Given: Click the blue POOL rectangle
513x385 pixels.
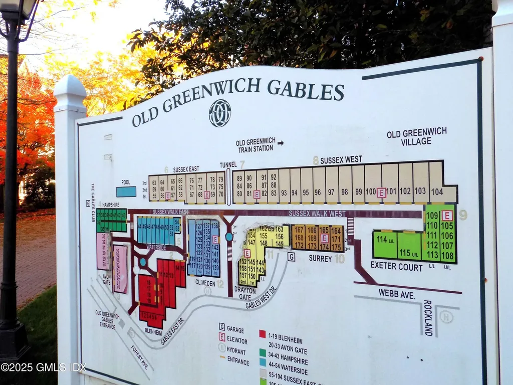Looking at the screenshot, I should click(126, 191).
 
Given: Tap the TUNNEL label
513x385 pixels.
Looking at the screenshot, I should click(228, 165).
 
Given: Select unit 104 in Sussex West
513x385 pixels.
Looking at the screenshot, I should click(437, 191).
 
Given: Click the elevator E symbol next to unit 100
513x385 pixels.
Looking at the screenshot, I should click(381, 192).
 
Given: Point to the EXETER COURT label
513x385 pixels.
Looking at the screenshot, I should click(396, 267).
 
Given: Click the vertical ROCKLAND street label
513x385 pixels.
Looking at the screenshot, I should click(427, 318).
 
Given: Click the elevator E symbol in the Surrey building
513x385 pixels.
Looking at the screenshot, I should click(324, 238).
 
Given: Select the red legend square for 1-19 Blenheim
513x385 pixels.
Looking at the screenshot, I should click(262, 334).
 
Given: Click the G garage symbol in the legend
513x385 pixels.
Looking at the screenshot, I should click(221, 329).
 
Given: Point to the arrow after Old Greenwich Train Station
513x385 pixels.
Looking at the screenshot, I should click(281, 143).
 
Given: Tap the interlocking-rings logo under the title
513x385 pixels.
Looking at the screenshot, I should click(220, 113).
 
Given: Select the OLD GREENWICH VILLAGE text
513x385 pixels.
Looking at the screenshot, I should click(416, 137).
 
